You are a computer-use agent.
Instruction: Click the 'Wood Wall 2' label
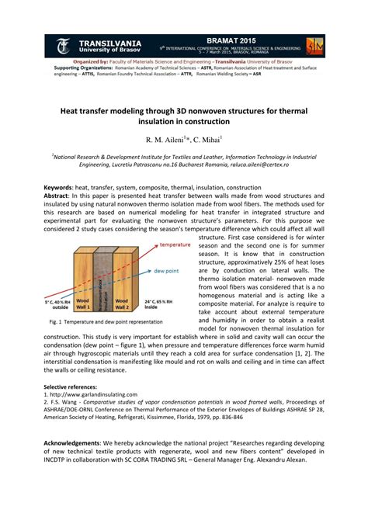click(x=122, y=300)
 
